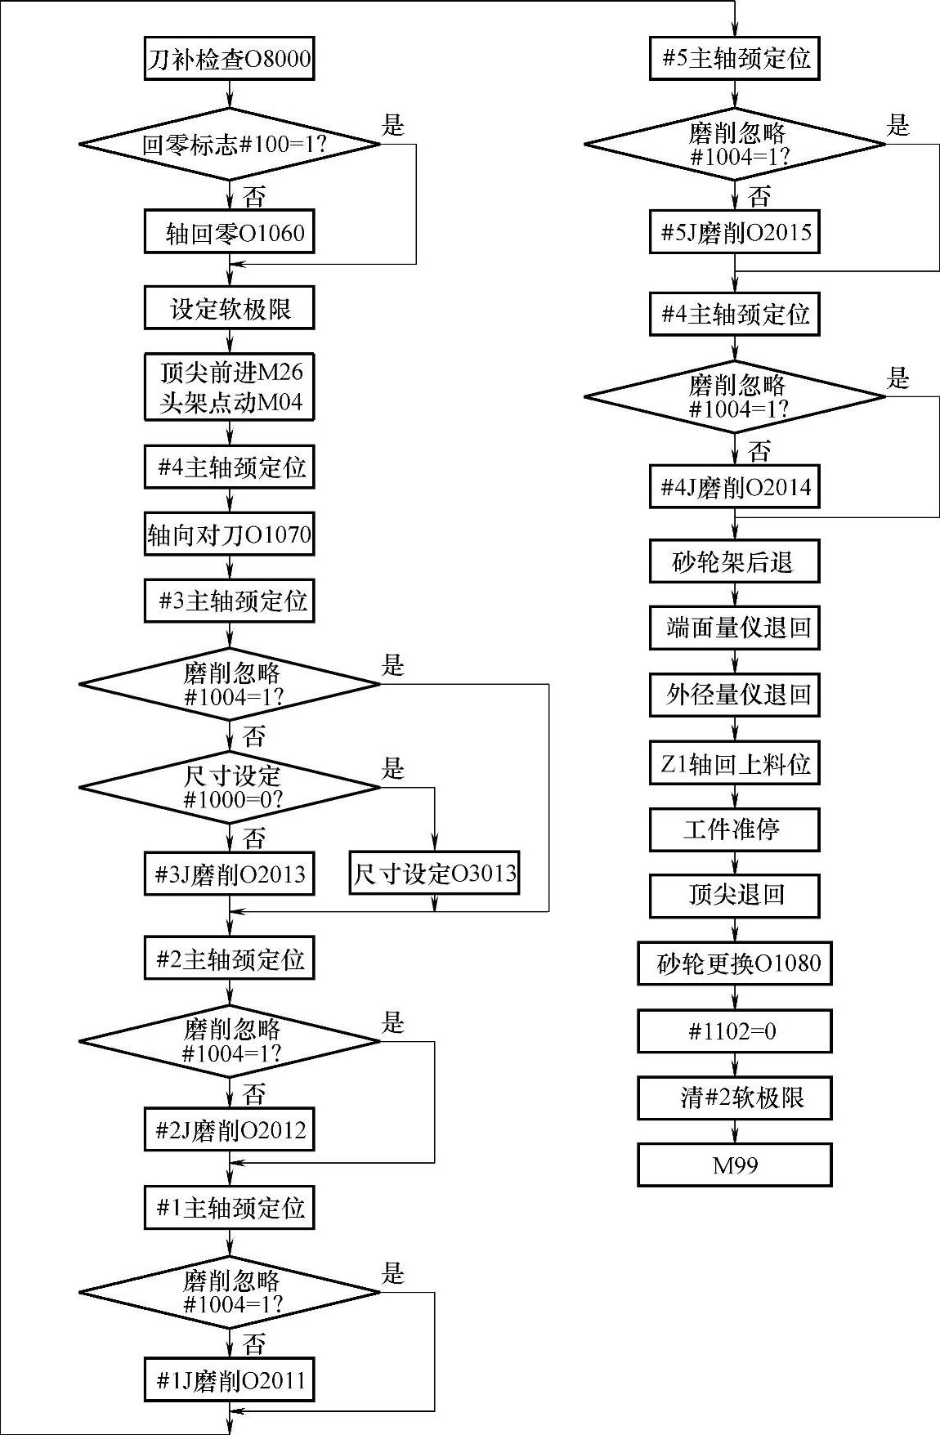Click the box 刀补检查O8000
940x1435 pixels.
pyautogui.click(x=230, y=59)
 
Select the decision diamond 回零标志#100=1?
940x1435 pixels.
pyautogui.click(x=230, y=145)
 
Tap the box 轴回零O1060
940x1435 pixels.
pyautogui.click(x=230, y=233)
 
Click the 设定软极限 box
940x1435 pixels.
pyautogui.click(x=230, y=308)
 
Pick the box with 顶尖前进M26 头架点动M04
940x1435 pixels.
pyautogui.click(x=230, y=387)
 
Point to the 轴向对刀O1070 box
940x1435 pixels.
pyautogui.click(x=230, y=534)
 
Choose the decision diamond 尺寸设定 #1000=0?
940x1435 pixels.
pyautogui.click(x=230, y=788)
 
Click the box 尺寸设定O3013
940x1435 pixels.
pyautogui.click(x=434, y=873)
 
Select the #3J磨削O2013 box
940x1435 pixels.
pyautogui.click(x=230, y=873)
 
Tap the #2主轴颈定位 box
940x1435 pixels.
pyautogui.click(x=230, y=959)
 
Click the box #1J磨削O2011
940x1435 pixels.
pyautogui.click(x=230, y=1380)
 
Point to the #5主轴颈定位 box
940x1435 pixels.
pyautogui.click(x=735, y=59)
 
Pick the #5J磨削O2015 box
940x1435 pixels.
pyautogui.click(x=735, y=233)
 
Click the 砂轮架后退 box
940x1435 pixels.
pyautogui.click(x=735, y=561)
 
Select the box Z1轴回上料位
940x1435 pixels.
pyautogui.click(x=735, y=763)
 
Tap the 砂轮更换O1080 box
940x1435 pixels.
pyautogui.click(x=735, y=963)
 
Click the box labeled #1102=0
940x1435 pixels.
pyautogui.click(x=735, y=1030)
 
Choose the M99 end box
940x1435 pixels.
pyautogui.click(x=735, y=1165)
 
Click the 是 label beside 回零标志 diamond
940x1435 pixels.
pyautogui.click(x=393, y=125)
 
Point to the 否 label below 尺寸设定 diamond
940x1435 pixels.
pyautogui.click(x=254, y=838)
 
